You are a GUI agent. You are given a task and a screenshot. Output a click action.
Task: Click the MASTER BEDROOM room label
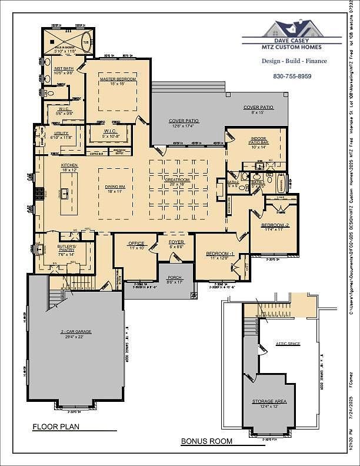coord(118,79)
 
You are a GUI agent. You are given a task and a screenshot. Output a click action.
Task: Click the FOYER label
coord(176,242)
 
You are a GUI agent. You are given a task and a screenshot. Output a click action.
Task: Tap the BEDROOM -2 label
coord(276,225)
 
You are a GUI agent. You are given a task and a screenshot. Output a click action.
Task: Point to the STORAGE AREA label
coord(269,401)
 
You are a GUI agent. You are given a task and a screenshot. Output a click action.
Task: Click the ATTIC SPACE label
coord(288,343)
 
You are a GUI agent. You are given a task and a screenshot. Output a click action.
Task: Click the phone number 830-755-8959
coord(292,76)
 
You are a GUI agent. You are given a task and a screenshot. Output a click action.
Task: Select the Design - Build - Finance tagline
coord(294,61)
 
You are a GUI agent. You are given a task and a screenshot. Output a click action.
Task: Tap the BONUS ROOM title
coord(206,441)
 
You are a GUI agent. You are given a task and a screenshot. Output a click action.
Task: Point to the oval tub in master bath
coord(87,43)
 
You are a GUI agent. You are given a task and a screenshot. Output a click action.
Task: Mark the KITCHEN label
coord(69,165)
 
